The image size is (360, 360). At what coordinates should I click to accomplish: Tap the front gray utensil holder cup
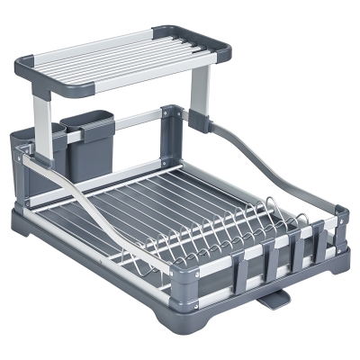point(86,143)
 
